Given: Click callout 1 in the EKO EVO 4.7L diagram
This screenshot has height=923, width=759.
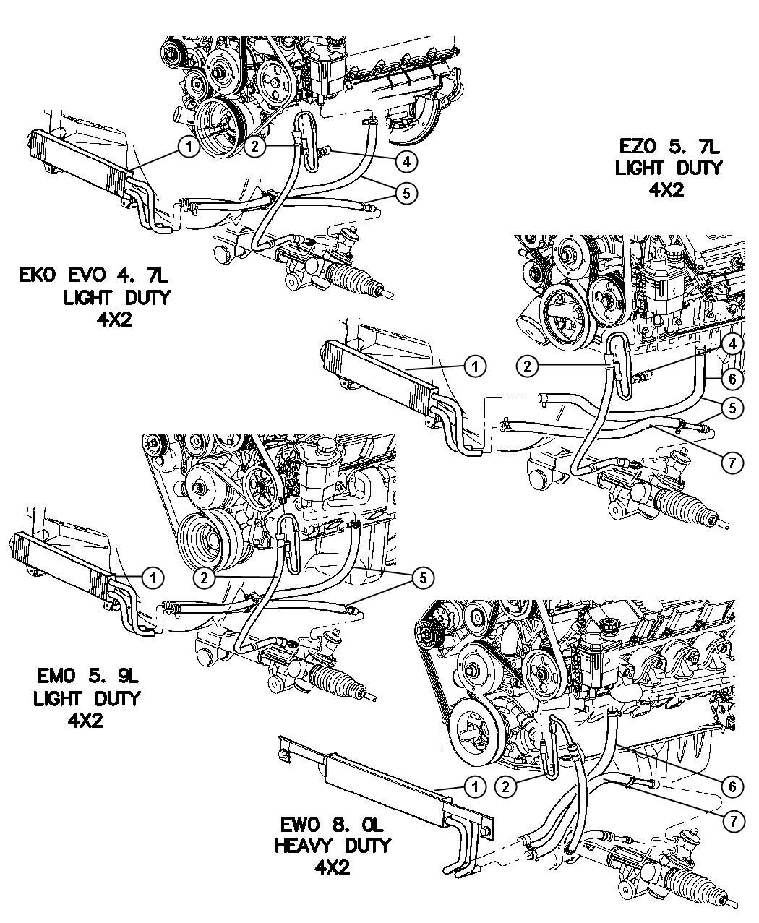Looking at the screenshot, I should [188, 148].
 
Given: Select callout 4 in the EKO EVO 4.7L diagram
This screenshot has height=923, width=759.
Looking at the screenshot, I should [408, 162].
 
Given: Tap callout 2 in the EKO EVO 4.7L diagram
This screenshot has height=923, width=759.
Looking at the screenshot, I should [254, 147].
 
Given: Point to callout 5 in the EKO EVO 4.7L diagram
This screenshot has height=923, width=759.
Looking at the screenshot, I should [408, 192].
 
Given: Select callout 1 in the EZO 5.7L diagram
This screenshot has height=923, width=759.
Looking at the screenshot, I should [475, 367].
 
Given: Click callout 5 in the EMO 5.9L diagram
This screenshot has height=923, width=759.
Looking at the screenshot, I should [423, 577].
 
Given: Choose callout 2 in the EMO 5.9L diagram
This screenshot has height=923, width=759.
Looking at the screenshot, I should [206, 577].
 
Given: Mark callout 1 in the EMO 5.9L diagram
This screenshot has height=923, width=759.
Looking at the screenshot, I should [153, 577].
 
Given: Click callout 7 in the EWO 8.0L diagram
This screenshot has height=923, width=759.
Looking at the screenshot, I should [733, 820].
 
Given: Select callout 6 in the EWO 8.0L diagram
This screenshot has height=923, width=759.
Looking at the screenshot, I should [733, 786].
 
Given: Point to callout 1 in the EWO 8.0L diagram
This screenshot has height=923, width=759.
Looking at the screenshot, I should [475, 786].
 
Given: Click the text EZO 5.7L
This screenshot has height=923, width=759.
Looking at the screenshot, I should [669, 147].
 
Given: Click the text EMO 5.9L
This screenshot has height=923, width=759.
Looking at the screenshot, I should [87, 677].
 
